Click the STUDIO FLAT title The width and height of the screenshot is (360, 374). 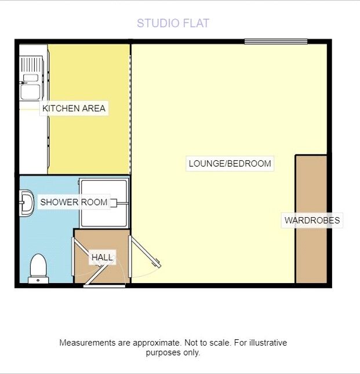(x=173, y=23)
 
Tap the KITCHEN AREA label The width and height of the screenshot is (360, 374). (x=74, y=108)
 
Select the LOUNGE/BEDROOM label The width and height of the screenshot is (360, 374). (x=230, y=164)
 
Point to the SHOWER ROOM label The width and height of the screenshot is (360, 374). (x=74, y=202)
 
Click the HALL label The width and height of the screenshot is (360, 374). (x=102, y=258)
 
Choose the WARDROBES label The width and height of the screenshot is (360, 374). (x=312, y=220)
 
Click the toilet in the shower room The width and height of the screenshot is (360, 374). (x=38, y=269)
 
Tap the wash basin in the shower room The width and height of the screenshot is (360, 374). (x=27, y=203)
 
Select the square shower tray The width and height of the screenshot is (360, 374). (x=104, y=203)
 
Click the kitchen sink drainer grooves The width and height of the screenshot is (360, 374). (x=31, y=64)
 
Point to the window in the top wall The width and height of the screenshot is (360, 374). (x=276, y=42)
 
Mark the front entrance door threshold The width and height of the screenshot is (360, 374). (x=104, y=286)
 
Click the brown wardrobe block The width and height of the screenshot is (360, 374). (x=311, y=219)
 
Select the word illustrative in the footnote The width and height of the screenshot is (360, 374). (x=268, y=343)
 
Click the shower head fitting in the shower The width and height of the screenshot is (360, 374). (x=113, y=203)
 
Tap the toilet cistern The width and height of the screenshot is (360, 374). (x=38, y=280)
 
